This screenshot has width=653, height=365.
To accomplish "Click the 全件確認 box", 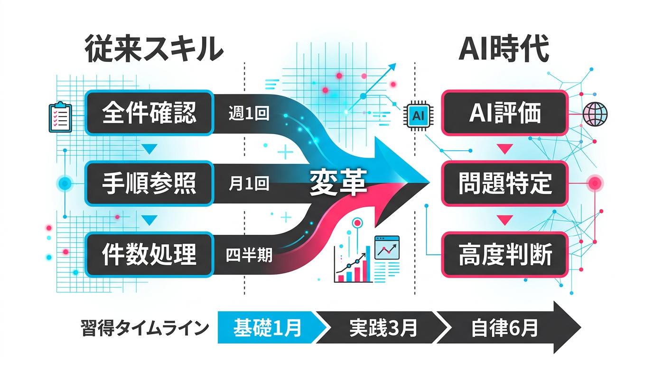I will click(149, 113).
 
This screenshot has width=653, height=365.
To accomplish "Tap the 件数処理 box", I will click(149, 255).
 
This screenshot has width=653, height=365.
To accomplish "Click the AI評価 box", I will click(504, 113).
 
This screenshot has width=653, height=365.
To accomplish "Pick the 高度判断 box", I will click(504, 255).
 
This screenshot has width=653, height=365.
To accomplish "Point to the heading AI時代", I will click(504, 48).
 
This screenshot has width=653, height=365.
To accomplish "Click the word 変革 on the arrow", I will click(338, 183).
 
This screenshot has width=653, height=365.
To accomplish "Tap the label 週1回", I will click(249, 114).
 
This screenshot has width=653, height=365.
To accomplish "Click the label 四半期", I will click(249, 255).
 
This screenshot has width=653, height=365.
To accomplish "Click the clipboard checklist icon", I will click(60, 116).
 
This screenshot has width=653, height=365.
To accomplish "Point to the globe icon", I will click(596, 114).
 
